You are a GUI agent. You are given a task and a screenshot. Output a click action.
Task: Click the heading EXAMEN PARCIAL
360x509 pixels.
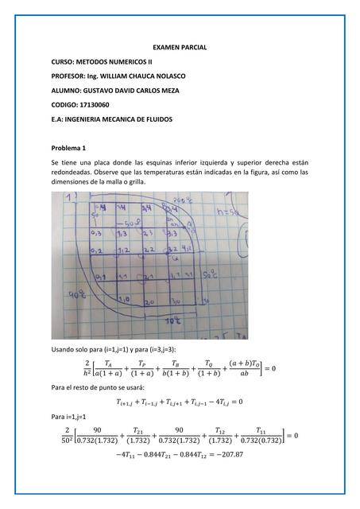point(180,48)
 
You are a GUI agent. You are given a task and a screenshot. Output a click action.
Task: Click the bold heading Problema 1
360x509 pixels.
point(73,148)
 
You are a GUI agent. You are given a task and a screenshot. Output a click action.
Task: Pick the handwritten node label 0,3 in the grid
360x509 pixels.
point(96,235)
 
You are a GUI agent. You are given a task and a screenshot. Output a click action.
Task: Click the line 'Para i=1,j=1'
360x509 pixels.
point(70,416)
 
